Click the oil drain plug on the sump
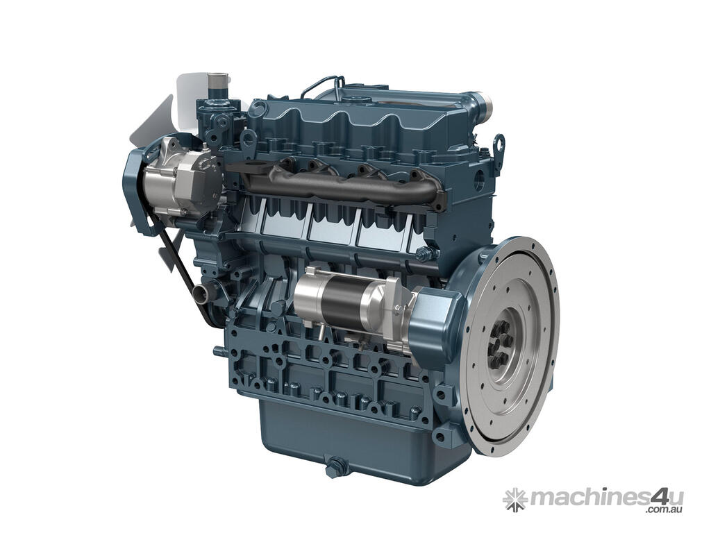(x=335, y=464)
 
